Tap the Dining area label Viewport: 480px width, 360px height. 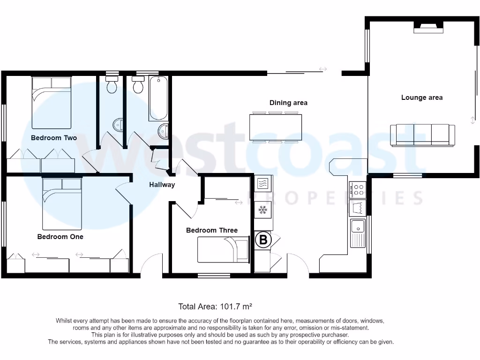point(288,103)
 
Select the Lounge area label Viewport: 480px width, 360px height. point(421,97)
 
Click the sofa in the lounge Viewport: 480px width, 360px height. point(422,135)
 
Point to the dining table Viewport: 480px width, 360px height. point(276,127)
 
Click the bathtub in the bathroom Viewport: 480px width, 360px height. point(158,99)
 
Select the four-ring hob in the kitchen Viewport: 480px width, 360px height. point(359,189)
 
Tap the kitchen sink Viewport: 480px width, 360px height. point(358,227)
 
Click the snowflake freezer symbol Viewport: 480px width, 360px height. point(263,209)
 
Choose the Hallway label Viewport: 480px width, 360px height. point(162,185)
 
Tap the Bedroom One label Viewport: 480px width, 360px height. point(60,237)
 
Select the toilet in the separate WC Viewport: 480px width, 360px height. point(112,86)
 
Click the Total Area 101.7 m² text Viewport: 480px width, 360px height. point(215,307)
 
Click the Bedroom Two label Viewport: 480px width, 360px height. point(54,138)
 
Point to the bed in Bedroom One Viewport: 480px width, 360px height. point(62,202)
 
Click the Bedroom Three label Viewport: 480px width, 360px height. point(211,230)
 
